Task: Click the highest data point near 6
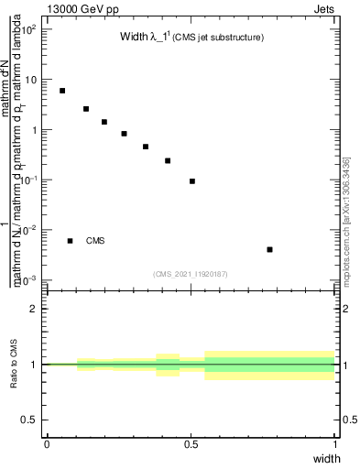[x=62, y=91]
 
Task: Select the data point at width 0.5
[x=192, y=181]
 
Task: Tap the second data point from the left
[x=86, y=109]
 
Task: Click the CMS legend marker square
[x=70, y=241]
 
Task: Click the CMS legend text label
[x=95, y=241]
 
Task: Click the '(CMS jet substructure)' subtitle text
[x=219, y=38]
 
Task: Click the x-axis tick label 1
[x=335, y=444]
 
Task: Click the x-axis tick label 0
[x=47, y=444]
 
